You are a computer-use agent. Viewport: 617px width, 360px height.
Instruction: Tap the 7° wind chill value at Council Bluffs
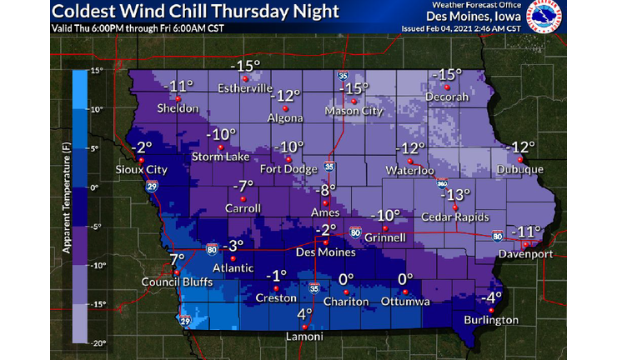point(176,260)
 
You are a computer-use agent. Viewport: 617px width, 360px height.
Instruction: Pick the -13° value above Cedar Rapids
point(455,195)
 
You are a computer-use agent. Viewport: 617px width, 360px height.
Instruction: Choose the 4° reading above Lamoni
point(305,314)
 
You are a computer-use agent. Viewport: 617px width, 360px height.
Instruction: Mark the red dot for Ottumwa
point(404,292)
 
